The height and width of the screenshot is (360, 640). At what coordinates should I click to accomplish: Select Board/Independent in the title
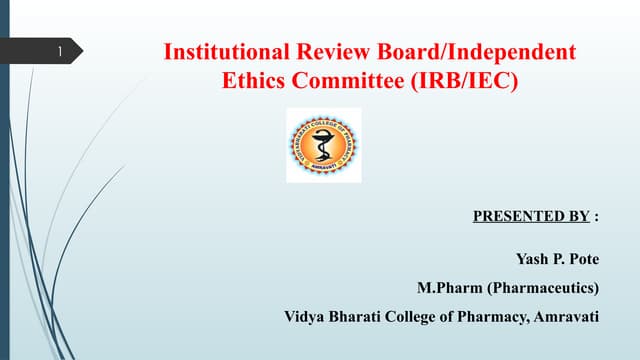pyautogui.click(x=477, y=52)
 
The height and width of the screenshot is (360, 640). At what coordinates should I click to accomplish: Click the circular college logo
pyautogui.click(x=323, y=145)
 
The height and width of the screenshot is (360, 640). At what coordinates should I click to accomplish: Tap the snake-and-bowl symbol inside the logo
pyautogui.click(x=323, y=144)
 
